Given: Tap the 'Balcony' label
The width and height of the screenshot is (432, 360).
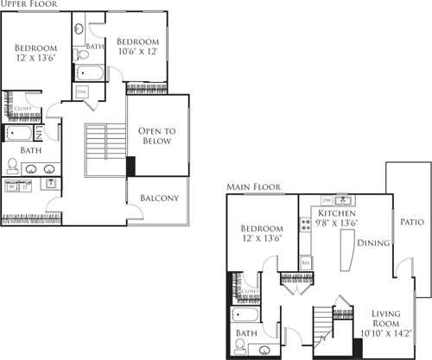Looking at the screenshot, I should [159, 198].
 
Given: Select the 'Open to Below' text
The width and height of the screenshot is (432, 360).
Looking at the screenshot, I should [158, 136].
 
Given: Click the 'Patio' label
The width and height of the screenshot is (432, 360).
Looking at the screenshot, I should [411, 221].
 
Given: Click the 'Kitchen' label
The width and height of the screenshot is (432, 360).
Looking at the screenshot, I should [338, 212].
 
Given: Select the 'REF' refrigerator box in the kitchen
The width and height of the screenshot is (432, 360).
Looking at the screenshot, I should [305, 260].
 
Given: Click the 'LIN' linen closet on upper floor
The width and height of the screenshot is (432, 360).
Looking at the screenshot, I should [50, 134].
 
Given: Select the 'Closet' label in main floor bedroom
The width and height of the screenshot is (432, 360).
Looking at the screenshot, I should [249, 292].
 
